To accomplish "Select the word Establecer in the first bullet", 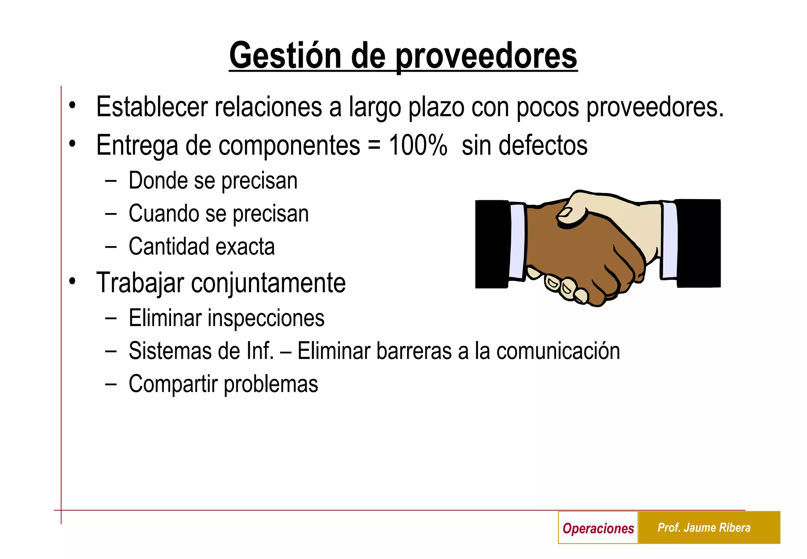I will click(152, 107).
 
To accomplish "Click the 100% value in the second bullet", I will click(418, 145).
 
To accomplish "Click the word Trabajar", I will click(140, 283).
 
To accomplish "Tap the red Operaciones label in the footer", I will click(598, 528).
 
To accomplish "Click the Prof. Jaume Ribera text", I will click(704, 527).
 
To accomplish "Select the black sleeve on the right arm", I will click(699, 243).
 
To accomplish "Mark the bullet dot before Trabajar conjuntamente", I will click(72, 281).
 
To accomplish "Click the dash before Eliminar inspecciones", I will click(111, 318).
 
